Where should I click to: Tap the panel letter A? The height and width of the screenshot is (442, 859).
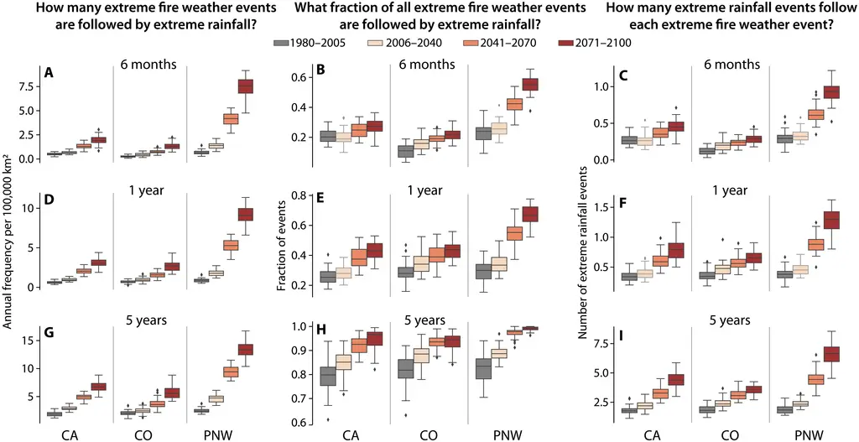[x=49, y=73]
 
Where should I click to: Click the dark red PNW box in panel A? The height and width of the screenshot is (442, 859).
[x=246, y=86]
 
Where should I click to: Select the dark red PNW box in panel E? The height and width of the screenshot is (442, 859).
[x=529, y=214]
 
